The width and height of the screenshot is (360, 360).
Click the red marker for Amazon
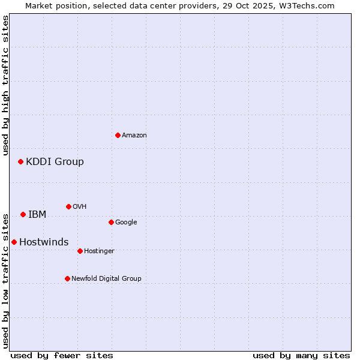pos(118,135)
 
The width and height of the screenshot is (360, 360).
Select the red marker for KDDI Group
pos(20,161)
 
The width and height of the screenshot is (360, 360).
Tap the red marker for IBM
pos(23,214)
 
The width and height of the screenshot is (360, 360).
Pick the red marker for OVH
pos(68,206)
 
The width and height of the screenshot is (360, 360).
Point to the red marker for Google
pos(111,222)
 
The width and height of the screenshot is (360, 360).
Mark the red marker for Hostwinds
pos(14,242)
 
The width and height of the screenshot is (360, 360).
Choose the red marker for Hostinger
pos(80,251)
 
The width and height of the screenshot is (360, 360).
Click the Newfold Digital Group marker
pos(67,278)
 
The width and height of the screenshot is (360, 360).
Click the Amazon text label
pos(134,136)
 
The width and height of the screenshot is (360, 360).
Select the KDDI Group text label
pos(55,161)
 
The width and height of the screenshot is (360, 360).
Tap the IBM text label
pos(37,214)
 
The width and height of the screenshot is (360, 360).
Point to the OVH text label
pos(80,207)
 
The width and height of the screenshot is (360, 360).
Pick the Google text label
pos(126,223)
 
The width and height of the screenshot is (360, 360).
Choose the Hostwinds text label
pos(44,242)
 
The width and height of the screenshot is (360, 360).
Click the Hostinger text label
pos(99,251)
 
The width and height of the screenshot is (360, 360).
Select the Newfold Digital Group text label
pos(106,278)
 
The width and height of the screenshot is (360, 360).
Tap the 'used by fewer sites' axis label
pos(62,355)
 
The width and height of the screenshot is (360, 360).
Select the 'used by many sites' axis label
pos(301,355)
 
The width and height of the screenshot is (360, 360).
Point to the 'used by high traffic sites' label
pos(6,85)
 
